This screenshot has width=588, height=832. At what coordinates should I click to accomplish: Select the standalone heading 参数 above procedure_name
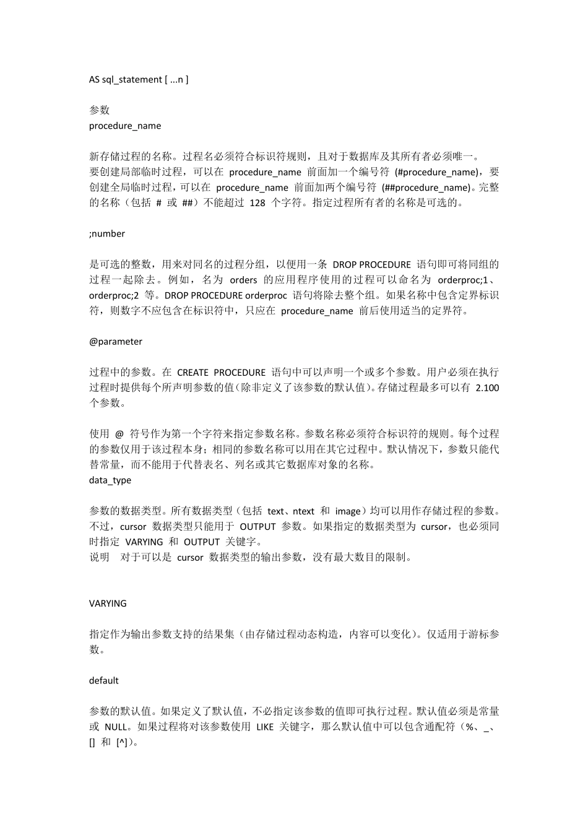point(99,110)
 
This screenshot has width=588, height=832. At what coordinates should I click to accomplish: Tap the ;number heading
point(107,233)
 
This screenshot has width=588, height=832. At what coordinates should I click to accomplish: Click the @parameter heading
point(116,341)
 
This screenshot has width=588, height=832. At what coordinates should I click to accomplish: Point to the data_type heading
point(110,480)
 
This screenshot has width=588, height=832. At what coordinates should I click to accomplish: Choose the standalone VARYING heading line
point(108,603)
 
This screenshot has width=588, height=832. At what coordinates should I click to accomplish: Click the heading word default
point(104,680)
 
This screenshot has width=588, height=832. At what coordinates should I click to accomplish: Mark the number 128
point(257,202)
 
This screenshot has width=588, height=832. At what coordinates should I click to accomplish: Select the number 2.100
point(487,388)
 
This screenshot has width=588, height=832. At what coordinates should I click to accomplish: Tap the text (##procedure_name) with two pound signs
point(426,188)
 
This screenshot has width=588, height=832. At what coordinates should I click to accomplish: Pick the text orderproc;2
point(114,295)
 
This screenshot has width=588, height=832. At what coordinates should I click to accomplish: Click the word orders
point(243,280)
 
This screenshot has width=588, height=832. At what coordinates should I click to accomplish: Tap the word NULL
point(116,727)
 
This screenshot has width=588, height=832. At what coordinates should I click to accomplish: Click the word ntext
point(303,511)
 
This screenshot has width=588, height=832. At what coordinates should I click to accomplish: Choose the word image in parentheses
point(347,511)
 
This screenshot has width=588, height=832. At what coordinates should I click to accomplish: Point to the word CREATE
point(192,372)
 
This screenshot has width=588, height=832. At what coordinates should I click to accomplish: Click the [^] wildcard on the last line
point(122,742)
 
